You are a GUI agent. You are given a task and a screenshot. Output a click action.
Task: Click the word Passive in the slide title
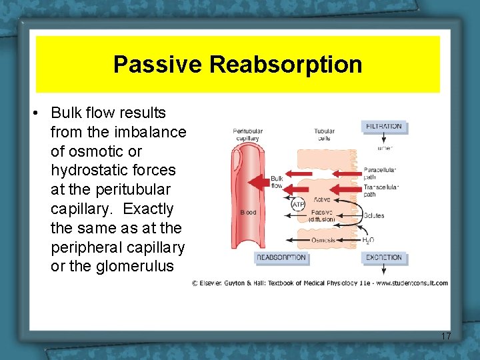tap(158, 65)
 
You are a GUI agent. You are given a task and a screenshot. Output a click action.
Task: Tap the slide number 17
tap(446, 337)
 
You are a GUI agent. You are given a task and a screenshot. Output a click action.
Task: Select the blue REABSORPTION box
tap(281, 257)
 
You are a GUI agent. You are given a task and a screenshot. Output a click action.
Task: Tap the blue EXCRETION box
tap(383, 257)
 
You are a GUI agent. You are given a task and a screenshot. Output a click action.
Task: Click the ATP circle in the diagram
tap(298, 205)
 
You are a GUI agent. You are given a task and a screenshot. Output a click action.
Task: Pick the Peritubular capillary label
tap(247, 135)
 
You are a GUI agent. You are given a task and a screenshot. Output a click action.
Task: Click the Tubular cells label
tap(324, 135)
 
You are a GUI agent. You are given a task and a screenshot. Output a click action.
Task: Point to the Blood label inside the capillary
tap(247, 213)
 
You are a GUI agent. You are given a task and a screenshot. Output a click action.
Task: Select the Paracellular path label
tap(380, 173)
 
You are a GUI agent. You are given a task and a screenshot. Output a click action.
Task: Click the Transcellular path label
tap(380, 191)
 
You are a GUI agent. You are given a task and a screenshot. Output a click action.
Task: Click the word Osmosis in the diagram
tap(323, 240)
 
